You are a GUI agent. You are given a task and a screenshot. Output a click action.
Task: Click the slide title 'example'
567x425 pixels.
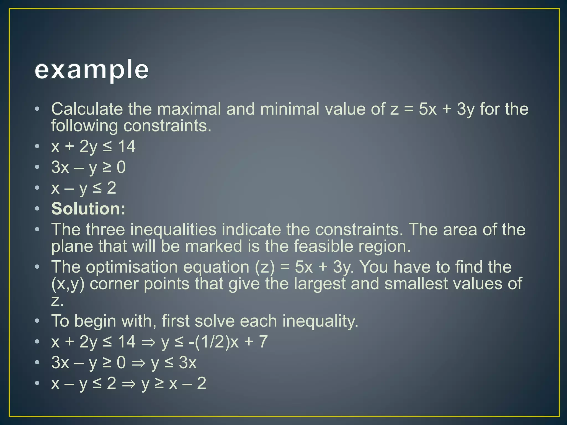point(92,70)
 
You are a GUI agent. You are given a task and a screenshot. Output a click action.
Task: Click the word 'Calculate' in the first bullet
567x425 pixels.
point(87,109)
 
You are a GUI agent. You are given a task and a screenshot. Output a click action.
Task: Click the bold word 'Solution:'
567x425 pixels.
point(88,209)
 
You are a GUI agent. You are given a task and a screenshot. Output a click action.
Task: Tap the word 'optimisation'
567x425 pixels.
point(132,267)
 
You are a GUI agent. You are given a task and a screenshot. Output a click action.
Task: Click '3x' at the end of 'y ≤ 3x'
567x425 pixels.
point(188,362)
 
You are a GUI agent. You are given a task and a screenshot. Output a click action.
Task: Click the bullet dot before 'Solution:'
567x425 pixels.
point(37,209)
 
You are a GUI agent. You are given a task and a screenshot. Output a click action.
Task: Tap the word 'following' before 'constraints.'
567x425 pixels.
point(85,126)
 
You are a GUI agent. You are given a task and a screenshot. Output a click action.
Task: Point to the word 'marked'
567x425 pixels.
point(214,246)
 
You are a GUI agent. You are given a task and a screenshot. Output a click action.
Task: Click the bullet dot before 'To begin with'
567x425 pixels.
point(37,321)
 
